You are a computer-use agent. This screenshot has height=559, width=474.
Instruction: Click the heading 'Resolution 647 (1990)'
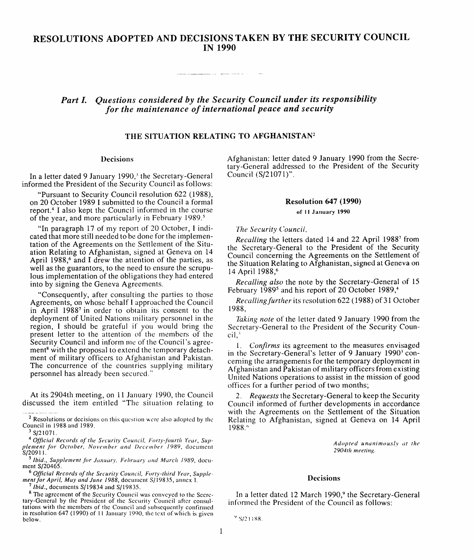tap(323, 201)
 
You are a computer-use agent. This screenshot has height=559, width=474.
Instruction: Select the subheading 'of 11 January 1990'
tap(323, 212)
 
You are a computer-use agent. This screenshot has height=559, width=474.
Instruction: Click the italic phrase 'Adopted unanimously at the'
tap(376, 443)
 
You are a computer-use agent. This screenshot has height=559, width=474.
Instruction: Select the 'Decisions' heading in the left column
tap(117, 159)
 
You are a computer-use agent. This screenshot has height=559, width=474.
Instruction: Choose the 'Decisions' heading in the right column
tap(324, 478)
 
